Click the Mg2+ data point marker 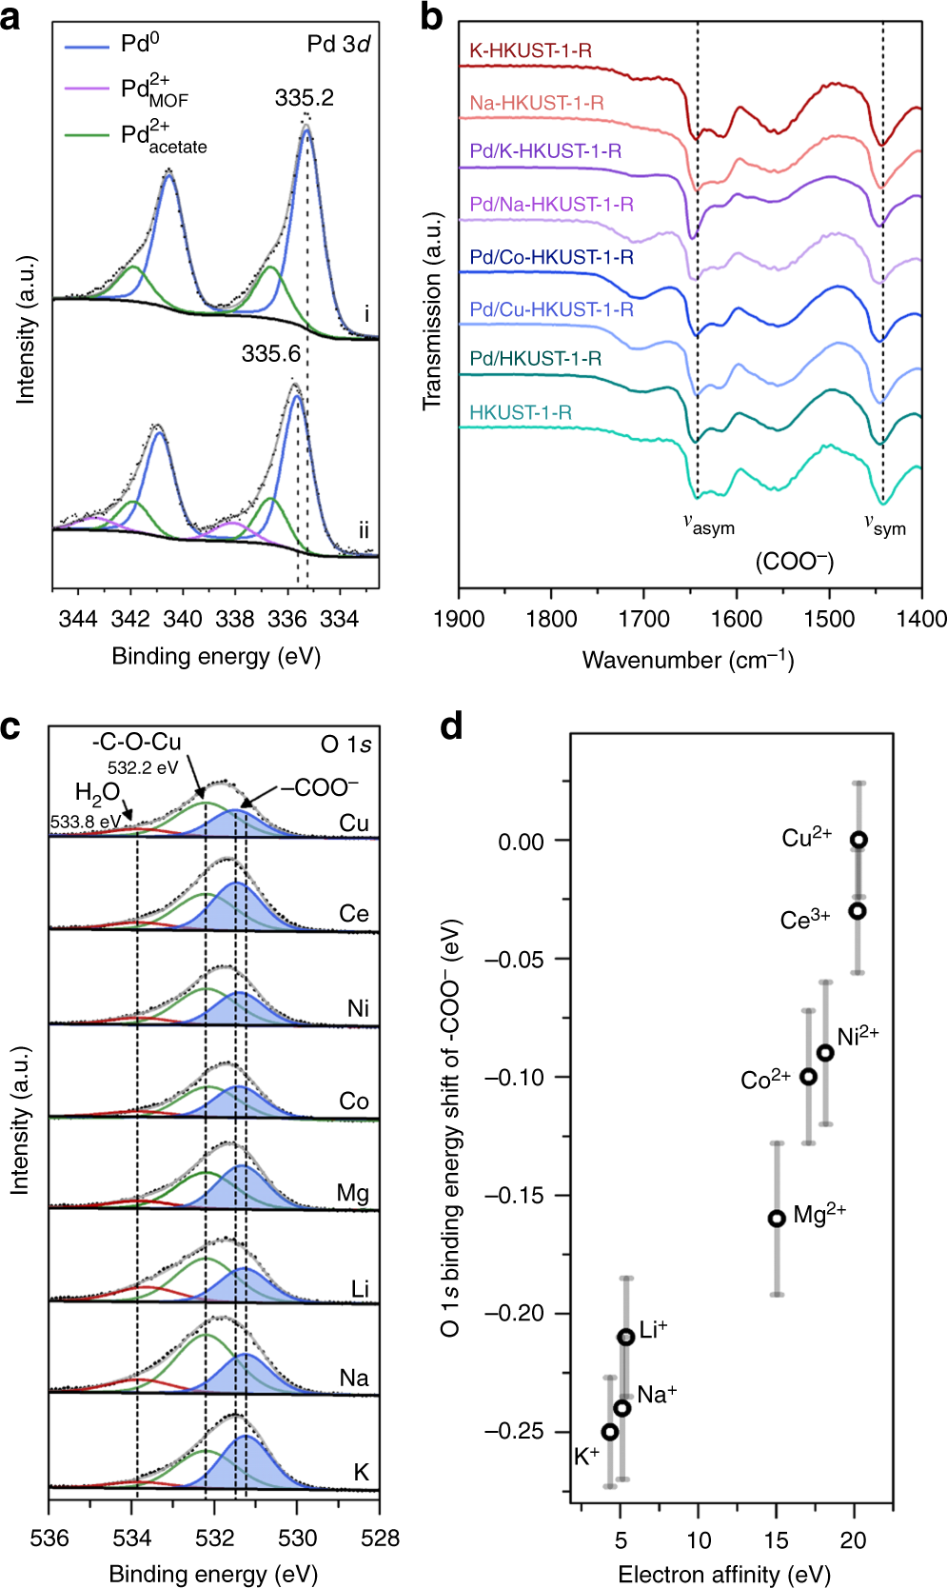tap(777, 1218)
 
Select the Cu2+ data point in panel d tap(858, 840)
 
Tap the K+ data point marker tap(610, 1432)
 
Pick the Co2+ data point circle tap(808, 1077)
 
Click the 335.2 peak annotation tap(304, 98)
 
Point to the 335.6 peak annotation tap(270, 354)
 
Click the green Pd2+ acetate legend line tap(87, 135)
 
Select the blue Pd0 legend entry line tap(87, 45)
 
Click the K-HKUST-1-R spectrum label tap(530, 50)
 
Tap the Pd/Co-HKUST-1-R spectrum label tap(551, 257)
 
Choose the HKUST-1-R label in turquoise tap(520, 412)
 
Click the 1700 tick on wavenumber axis tap(644, 620)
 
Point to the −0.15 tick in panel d tap(517, 1195)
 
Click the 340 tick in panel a tap(183, 620)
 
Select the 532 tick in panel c tap(214, 1538)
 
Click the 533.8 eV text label tap(85, 821)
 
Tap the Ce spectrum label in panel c tap(353, 914)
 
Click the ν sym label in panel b tap(884, 525)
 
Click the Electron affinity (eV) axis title tap(723, 1574)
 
